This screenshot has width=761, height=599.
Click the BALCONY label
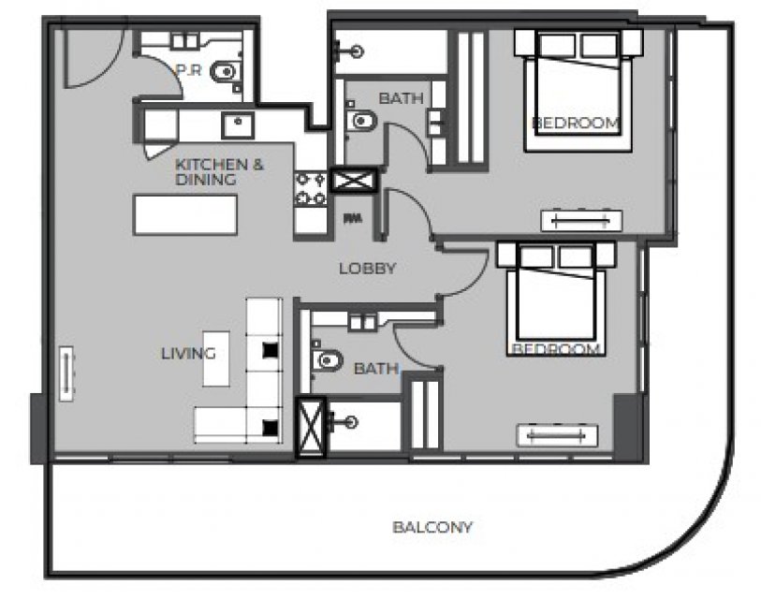[x=432, y=527]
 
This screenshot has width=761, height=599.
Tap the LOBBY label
[x=368, y=269]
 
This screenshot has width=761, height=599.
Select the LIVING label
[x=188, y=354]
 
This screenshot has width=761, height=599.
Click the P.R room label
[x=189, y=70]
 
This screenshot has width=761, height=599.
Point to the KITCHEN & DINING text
[x=219, y=172]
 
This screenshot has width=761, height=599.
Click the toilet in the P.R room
[x=226, y=72]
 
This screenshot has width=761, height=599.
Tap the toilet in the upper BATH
[x=361, y=120]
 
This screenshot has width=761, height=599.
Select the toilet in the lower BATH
[x=327, y=360]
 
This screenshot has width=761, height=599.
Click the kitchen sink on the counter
[x=238, y=125]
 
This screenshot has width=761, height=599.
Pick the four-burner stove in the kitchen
[x=311, y=188]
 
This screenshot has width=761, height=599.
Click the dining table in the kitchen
[x=185, y=215]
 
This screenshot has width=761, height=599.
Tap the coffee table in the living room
[x=216, y=358]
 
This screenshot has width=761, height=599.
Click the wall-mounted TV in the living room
[x=66, y=373]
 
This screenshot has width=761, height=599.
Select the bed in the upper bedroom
[x=578, y=91]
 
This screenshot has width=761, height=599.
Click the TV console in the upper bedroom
[x=581, y=221]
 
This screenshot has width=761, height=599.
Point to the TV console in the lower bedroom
[x=557, y=435]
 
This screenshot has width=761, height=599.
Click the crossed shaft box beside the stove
[x=354, y=181]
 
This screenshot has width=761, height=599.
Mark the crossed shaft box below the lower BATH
[x=311, y=427]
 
